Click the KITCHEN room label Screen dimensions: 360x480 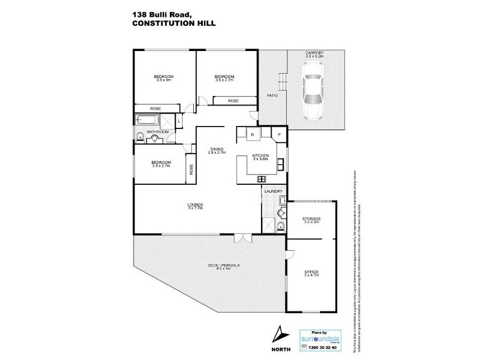260,155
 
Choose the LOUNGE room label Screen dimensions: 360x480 196,205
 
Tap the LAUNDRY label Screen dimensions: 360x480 273,191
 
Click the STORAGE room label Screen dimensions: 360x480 312,219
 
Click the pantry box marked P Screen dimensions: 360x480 280,134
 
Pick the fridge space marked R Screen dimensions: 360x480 253,134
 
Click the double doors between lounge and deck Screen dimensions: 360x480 242,237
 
